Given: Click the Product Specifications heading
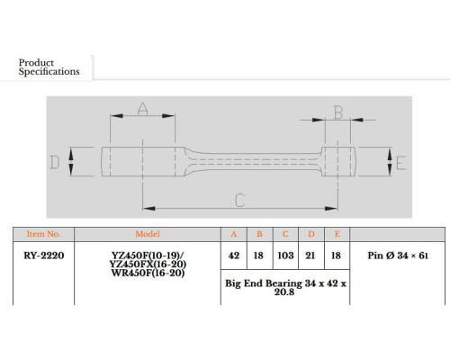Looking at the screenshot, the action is point(49,67).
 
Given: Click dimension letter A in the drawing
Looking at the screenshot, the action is point(142,109).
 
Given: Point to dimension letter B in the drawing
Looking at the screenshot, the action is point(338,112).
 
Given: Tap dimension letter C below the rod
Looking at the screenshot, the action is point(240,200).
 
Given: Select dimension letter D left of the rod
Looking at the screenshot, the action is point(54,162).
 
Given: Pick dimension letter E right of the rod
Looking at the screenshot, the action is point(401,163).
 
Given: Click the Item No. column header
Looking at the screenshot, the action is point(43,234).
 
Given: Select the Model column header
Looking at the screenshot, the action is point(148,234).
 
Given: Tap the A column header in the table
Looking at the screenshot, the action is point(234,234).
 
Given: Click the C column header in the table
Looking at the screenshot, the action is point(285,234).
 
